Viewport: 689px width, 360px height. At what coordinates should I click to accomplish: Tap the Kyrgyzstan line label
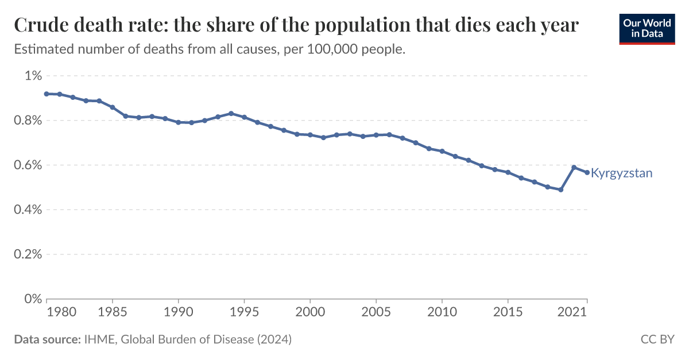[x=621, y=173]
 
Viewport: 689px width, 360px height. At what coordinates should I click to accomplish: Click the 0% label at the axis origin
[x=33, y=299]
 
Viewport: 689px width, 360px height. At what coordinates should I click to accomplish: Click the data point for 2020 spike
[x=574, y=167]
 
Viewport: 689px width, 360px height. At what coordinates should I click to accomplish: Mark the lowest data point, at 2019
[x=560, y=189]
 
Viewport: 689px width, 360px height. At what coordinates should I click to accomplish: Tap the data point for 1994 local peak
[x=231, y=113]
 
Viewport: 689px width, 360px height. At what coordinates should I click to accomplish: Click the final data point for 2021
[x=587, y=172]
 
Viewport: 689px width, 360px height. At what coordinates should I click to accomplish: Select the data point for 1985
[x=113, y=107]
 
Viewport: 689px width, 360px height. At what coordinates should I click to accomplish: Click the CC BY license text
[x=657, y=339]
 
